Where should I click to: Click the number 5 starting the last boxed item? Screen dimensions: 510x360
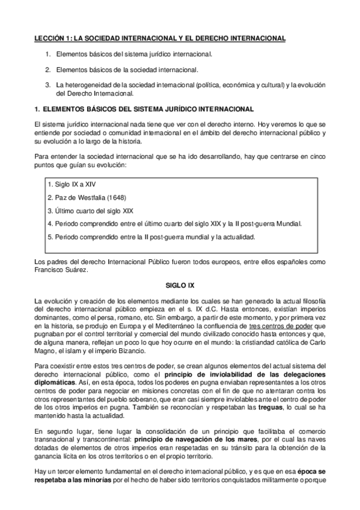coord(47,237)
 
